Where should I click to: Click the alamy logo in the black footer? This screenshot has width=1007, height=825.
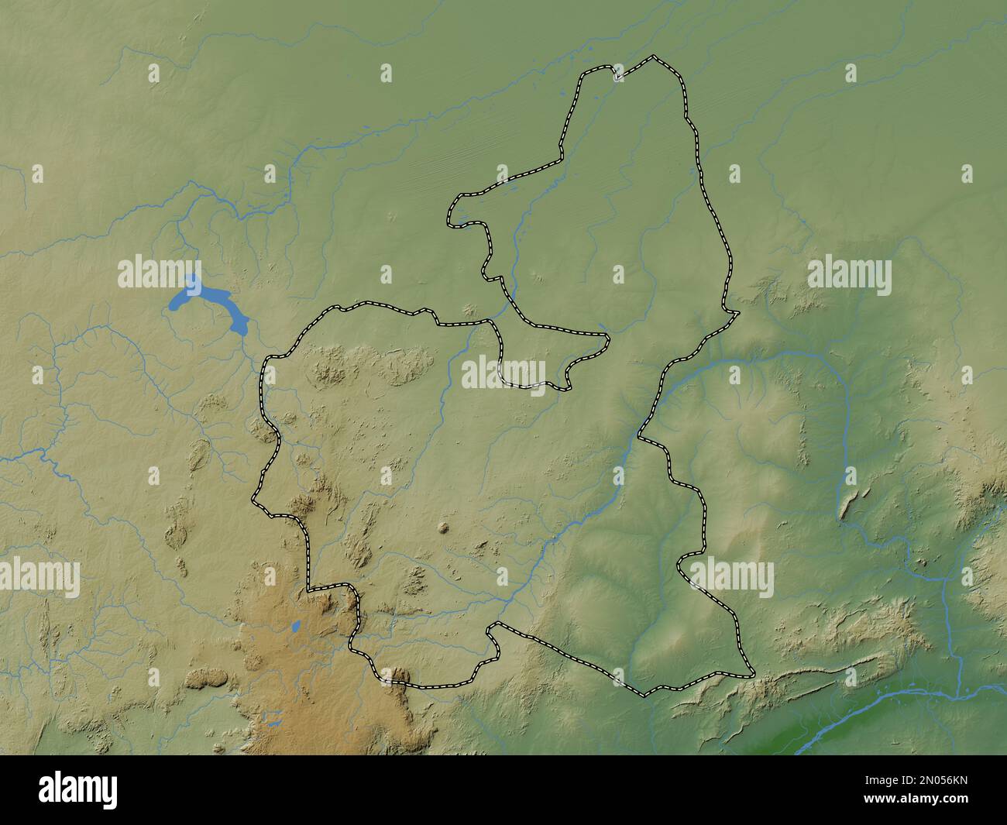pos(77,789)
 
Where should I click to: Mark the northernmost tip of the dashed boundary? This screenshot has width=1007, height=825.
pos(654,57)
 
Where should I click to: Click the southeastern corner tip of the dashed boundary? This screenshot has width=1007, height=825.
pos(752,673)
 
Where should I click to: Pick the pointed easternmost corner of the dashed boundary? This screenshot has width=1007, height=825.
pos(737,313)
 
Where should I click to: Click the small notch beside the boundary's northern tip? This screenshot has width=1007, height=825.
pos(616,76)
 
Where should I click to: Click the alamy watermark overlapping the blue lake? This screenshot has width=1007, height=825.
pos(160,273)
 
